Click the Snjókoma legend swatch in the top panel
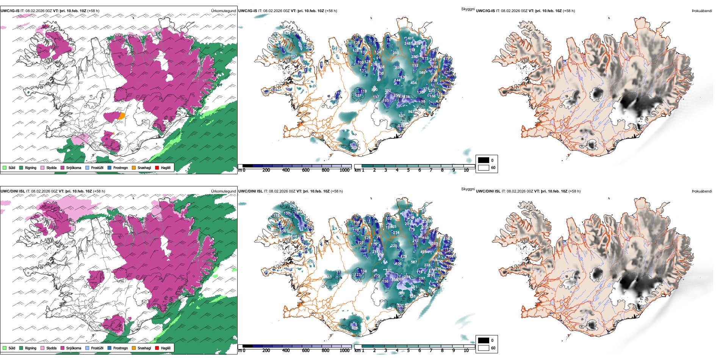tap(63, 167)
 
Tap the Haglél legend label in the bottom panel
tap(166, 348)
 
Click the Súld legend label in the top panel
tap(12, 167)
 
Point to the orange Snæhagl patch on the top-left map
tap(121, 116)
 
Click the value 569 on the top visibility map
tap(422, 73)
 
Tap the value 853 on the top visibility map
tap(411, 112)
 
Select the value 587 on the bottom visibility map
tap(414, 262)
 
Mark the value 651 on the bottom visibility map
tap(414, 287)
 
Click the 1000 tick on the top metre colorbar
tap(344, 170)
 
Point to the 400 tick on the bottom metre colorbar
tap(286, 351)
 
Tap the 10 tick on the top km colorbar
tap(466, 170)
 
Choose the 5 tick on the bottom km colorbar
tap(409, 351)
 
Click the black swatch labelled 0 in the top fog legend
tap(484, 160)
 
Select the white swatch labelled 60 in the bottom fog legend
tap(484, 348)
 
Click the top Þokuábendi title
tap(702, 11)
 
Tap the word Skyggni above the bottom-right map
tap(468, 189)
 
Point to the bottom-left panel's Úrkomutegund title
tap(223, 191)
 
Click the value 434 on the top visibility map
tap(413, 83)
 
